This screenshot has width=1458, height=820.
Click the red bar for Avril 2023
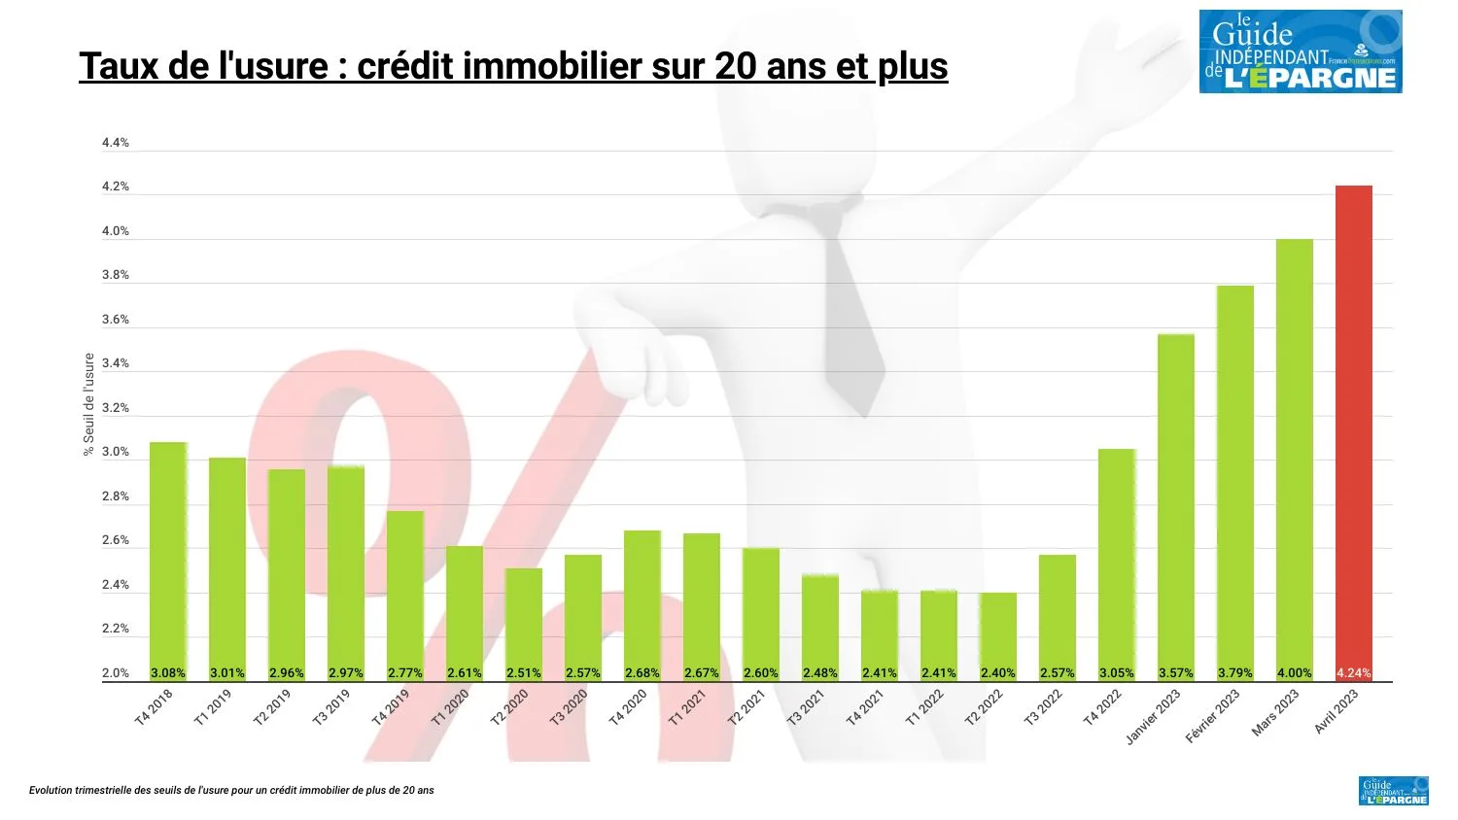point(1353,427)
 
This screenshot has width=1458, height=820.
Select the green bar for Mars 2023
point(1294,457)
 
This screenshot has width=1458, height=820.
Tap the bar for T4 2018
point(168,554)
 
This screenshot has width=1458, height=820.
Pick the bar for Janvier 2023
point(1175,500)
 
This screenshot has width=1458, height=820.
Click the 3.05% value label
point(1116,672)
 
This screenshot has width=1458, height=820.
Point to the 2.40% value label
point(997,672)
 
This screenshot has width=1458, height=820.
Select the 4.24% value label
point(1353,672)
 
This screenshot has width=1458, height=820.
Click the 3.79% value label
point(1234,672)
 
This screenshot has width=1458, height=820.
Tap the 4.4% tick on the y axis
point(116,143)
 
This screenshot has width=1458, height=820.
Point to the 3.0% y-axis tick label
point(116,452)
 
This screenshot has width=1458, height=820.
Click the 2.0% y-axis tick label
point(116,672)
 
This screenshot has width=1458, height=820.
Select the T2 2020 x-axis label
point(510,707)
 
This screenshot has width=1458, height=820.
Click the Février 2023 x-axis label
point(1213,716)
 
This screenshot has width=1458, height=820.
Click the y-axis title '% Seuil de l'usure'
point(89,404)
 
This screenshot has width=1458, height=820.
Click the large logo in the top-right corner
point(1300,52)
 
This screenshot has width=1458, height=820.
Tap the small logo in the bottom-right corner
point(1393,791)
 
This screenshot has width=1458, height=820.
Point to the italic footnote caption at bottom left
point(231,791)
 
